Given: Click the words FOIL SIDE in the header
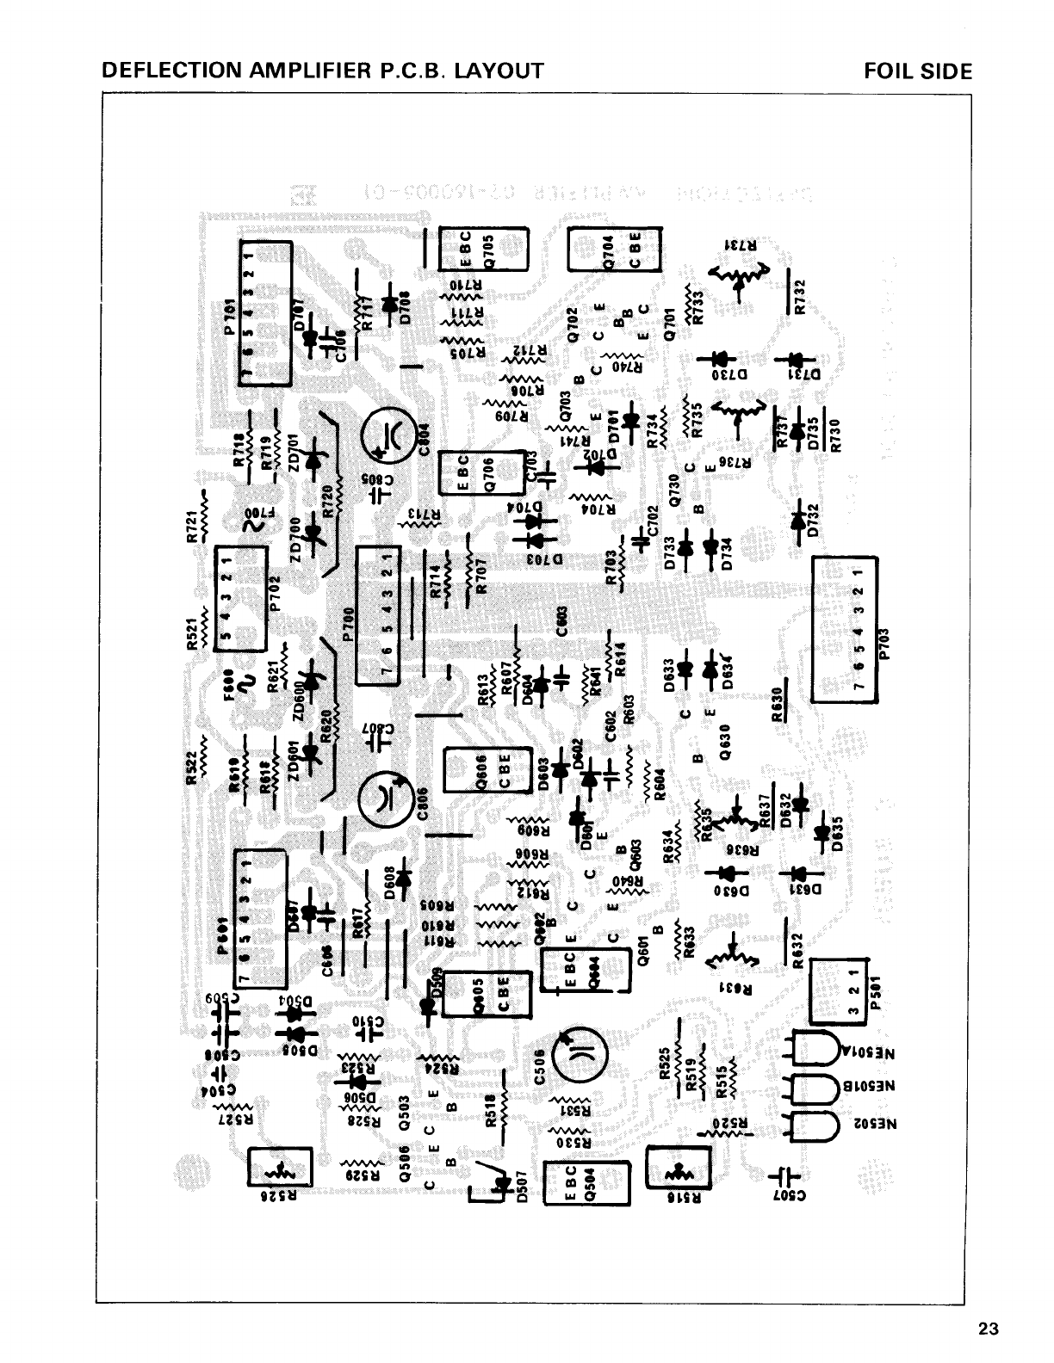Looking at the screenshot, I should (x=918, y=72).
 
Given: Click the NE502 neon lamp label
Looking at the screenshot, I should (x=890, y=1124).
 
